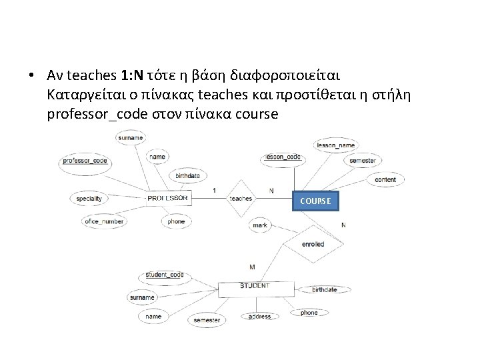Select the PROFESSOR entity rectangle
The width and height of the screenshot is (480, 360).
click(x=168, y=198)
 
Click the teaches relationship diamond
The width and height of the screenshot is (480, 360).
click(x=240, y=199)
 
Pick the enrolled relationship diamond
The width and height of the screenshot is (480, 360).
click(x=313, y=244)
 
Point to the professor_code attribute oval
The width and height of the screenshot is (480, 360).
click(x=85, y=161)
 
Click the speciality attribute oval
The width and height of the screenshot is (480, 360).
click(x=89, y=198)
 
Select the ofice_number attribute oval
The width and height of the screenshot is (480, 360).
click(x=105, y=221)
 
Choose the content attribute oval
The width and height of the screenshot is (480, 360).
click(x=385, y=179)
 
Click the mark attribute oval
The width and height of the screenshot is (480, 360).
click(x=261, y=225)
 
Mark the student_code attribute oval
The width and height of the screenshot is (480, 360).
click(x=164, y=275)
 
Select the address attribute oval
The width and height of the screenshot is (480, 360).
click(x=260, y=317)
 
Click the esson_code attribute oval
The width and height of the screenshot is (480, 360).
click(x=283, y=158)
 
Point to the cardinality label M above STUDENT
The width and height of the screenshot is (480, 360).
click(x=252, y=267)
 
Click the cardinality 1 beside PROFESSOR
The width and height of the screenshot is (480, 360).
click(x=213, y=191)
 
